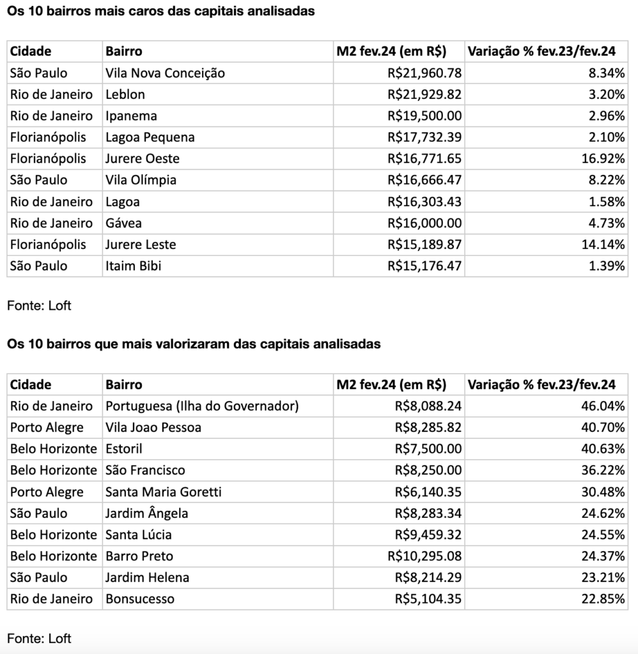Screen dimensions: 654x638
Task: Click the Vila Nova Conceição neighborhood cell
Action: point(165,73)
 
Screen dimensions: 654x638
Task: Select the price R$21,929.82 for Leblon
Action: point(424,95)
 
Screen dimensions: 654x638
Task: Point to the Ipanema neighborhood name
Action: point(131,116)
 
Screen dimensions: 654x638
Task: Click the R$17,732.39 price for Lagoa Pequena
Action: point(424,137)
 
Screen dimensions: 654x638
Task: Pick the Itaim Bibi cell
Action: point(133,266)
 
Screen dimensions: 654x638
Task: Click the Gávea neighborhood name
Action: point(123,223)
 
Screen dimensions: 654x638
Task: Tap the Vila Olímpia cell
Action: point(141,180)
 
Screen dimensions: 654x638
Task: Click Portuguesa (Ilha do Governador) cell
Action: point(202,406)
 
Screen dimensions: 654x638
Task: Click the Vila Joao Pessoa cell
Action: point(153,427)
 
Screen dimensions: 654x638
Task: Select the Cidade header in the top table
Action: point(31,51)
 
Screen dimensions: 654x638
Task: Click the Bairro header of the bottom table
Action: point(124,384)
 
